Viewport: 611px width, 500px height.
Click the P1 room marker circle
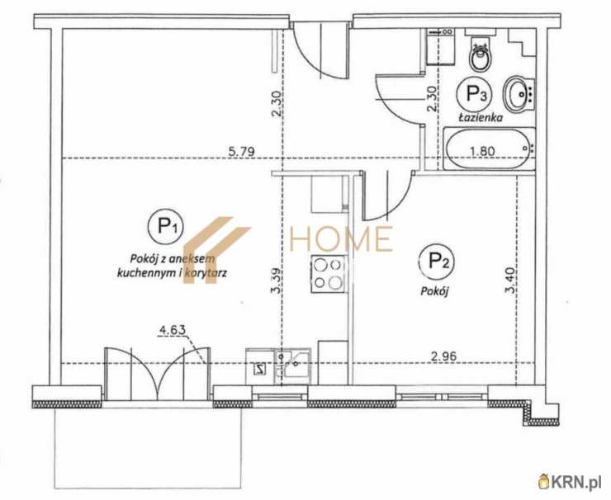tap(166, 227)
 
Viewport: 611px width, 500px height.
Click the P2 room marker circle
tap(436, 261)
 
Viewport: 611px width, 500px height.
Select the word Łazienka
tap(480, 117)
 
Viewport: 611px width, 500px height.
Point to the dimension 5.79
tap(242, 151)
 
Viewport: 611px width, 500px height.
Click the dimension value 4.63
tap(173, 331)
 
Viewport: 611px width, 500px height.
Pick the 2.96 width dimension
tap(443, 356)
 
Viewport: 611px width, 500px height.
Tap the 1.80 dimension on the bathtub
tap(482, 151)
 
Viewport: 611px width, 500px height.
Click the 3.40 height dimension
tap(510, 280)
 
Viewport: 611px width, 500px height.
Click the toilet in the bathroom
tap(481, 54)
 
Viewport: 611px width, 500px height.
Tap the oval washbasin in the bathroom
tap(519, 94)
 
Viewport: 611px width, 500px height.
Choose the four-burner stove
tap(328, 274)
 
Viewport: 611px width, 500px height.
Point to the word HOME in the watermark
tap(340, 238)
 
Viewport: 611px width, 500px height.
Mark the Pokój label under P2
tap(435, 291)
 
